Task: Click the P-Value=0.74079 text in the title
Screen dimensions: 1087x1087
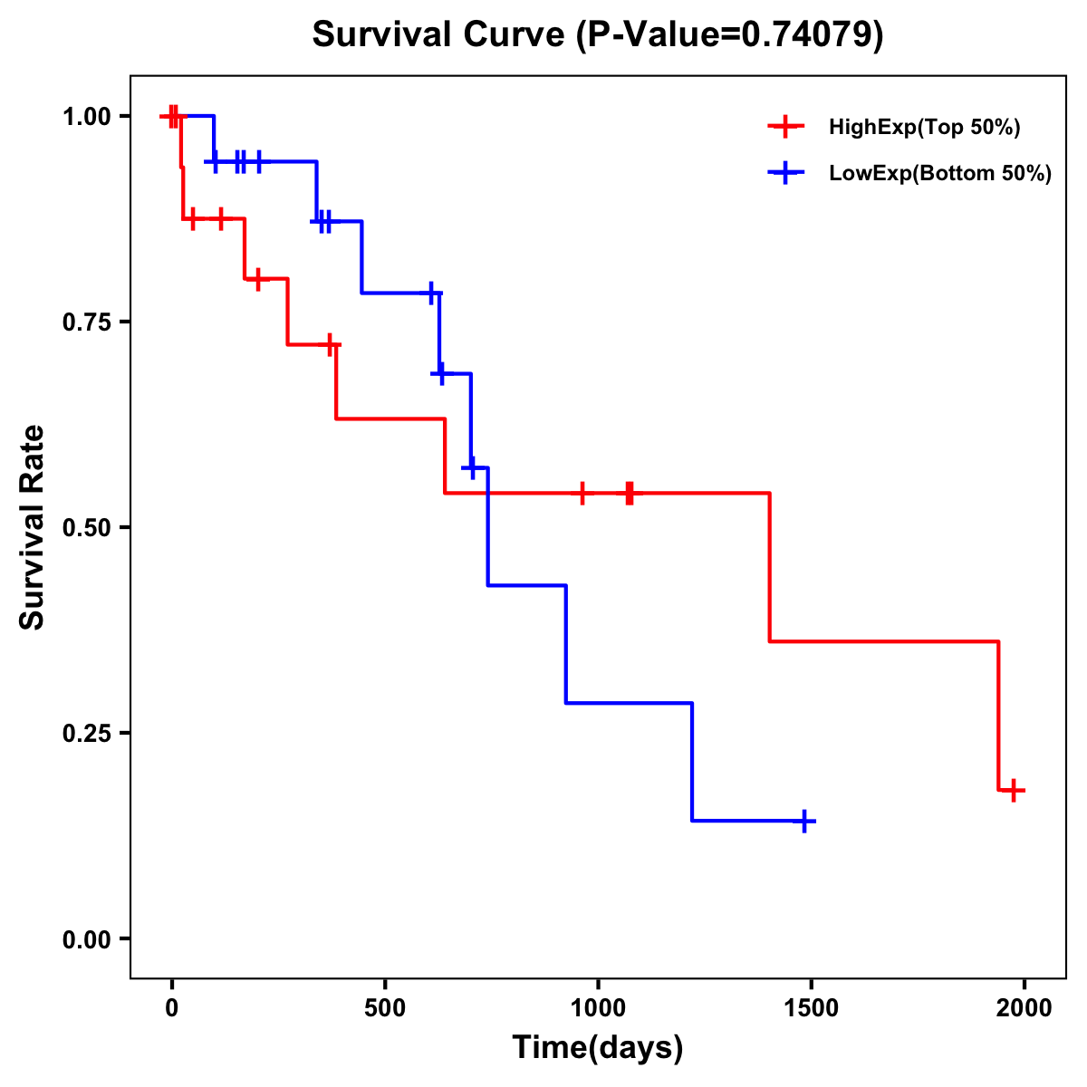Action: coord(732,34)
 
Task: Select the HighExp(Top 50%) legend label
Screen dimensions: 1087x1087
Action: coord(924,128)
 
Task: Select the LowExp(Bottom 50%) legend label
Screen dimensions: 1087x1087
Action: coord(940,174)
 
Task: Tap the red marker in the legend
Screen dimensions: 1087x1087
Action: coord(786,127)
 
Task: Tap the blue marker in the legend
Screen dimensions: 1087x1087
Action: coord(786,173)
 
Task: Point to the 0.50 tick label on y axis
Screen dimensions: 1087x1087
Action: coord(87,527)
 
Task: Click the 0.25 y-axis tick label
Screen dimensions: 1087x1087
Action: coord(87,733)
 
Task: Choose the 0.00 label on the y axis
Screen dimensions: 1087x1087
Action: coord(87,938)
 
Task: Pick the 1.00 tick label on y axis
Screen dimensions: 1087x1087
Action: coord(87,116)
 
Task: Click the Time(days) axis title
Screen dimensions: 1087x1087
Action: coord(598,1048)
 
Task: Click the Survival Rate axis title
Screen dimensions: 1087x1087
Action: coord(33,527)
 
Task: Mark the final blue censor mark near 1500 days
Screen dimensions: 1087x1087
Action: coord(803,822)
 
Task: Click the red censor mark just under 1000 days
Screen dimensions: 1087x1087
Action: coord(582,494)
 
